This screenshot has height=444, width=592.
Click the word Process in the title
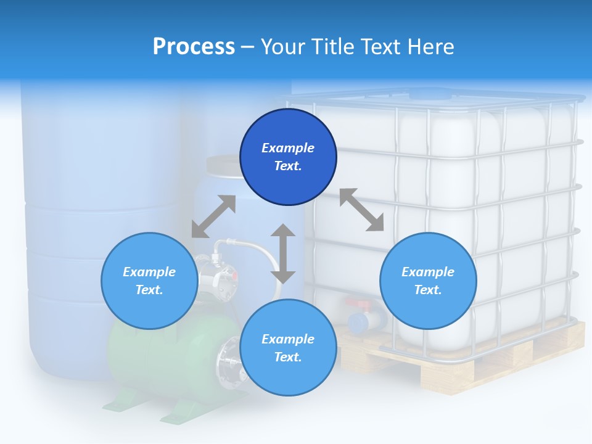(x=194, y=47)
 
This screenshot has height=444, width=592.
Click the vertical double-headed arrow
(x=283, y=253)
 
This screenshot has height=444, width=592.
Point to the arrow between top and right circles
(x=361, y=210)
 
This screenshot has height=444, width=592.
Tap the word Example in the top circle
(x=288, y=148)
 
